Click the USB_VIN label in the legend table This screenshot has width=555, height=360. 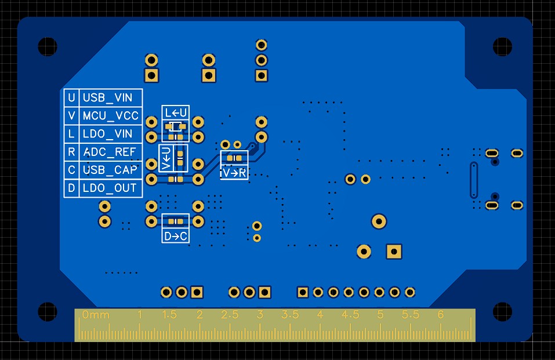tap(107, 98)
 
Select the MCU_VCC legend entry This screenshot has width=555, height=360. tap(110, 116)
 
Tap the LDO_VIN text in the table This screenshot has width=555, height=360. tap(107, 134)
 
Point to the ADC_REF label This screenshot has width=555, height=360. tap(110, 152)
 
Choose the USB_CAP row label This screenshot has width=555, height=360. tap(110, 170)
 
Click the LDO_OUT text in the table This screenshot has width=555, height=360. tap(110, 188)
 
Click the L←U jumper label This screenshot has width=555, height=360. tap(176, 113)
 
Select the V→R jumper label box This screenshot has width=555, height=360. tap(234, 173)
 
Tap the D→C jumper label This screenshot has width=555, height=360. tap(176, 236)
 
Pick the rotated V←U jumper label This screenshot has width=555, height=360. tap(166, 158)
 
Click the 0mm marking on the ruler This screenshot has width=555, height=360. tap(96, 314)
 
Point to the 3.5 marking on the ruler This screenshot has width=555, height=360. tap(290, 314)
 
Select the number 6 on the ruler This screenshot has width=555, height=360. tap(440, 314)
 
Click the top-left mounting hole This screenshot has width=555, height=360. tap(48, 46)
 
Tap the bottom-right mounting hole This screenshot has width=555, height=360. tap(502, 311)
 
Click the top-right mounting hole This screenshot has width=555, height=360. tap(502, 46)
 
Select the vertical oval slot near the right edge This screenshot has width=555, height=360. tap(474, 180)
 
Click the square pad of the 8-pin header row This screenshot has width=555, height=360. tap(303, 292)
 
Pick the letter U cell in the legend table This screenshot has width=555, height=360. tap(71, 98)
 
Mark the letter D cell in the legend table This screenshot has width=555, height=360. tap(71, 188)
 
